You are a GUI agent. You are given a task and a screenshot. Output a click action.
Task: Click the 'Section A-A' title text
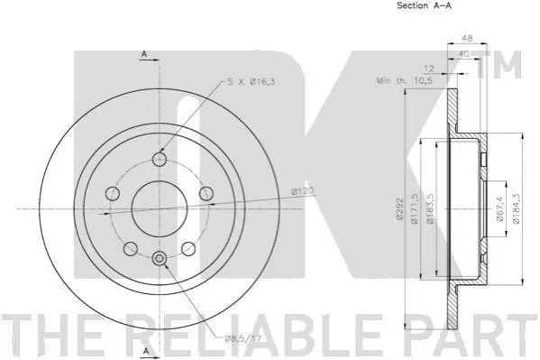click(x=424, y=5)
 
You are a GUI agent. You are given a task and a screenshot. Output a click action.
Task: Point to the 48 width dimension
click(x=467, y=38)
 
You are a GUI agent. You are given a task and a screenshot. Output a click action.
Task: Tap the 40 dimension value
click(x=464, y=54)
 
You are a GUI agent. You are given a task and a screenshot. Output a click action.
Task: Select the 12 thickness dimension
click(x=428, y=69)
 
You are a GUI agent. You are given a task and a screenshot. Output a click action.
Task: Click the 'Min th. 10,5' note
click(x=405, y=81)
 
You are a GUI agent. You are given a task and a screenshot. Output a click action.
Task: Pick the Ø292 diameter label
click(x=399, y=208)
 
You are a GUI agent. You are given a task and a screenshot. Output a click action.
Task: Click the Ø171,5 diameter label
click(x=415, y=208)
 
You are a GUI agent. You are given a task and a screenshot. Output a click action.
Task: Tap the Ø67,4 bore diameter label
click(x=500, y=208)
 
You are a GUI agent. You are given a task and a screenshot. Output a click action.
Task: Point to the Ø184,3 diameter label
click(x=516, y=208)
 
